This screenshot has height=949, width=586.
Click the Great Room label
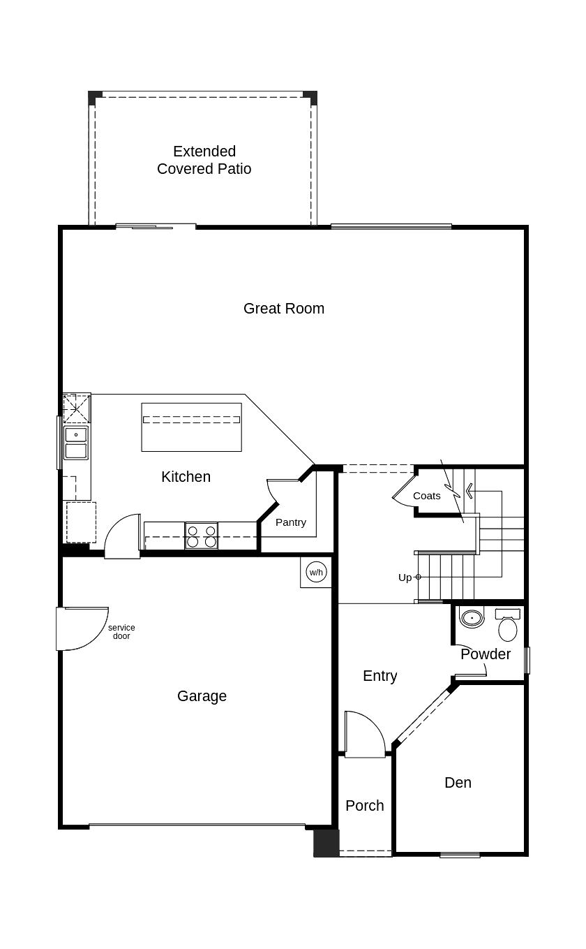[x=283, y=309]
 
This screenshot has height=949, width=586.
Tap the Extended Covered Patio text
[x=204, y=160]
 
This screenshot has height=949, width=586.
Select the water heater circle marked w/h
[x=316, y=573]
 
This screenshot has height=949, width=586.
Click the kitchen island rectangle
[x=191, y=427]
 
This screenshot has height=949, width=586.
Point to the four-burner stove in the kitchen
[x=201, y=536]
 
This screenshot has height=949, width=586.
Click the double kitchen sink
[x=76, y=443]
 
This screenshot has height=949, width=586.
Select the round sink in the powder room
[x=472, y=618]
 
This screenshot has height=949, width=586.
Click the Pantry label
[x=290, y=522]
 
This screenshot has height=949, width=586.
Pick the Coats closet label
[x=426, y=496]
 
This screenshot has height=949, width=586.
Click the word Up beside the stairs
[x=405, y=578]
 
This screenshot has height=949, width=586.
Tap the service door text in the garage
[x=121, y=632]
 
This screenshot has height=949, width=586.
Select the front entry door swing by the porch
[x=364, y=734]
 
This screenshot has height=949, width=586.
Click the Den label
[x=458, y=783]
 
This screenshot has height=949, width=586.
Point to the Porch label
[x=364, y=806]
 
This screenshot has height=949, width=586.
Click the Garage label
[x=202, y=696]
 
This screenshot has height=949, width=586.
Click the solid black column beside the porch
[x=326, y=843]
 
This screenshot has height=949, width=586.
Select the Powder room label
[x=486, y=654]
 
